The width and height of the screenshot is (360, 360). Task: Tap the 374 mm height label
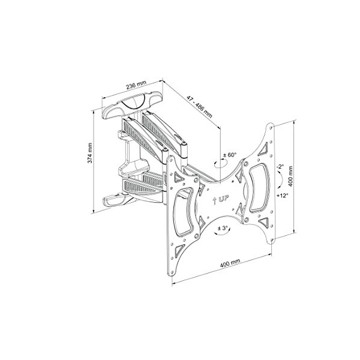tap(89, 153)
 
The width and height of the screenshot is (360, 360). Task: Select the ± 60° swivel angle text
tap(229, 154)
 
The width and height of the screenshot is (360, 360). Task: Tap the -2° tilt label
tap(280, 167)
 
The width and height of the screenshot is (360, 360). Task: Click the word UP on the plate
tap(224, 199)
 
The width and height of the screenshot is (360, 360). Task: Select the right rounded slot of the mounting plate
tap(258, 186)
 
